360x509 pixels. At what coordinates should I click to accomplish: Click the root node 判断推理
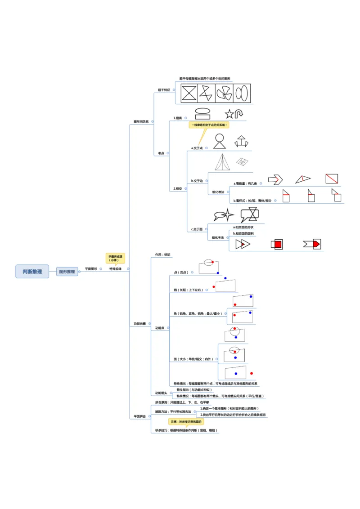tap(32, 271)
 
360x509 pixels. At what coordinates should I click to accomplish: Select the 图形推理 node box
tap(67, 272)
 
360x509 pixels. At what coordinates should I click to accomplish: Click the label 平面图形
tap(91, 269)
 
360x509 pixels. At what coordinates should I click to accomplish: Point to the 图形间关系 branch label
tap(141, 121)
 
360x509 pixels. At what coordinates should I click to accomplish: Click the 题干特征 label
tap(164, 90)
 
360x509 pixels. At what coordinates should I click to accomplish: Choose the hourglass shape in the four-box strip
tap(189, 93)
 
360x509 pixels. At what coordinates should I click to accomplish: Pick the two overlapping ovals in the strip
tap(241, 93)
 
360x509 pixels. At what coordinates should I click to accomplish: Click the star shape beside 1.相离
tap(229, 114)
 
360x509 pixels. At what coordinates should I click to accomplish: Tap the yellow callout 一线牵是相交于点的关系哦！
tap(209, 125)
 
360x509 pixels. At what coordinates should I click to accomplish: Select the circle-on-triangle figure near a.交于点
tap(219, 141)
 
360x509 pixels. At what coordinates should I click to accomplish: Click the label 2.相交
tap(178, 189)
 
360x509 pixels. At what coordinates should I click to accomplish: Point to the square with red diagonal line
tap(332, 179)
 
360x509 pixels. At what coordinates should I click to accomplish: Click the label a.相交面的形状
tap(243, 227)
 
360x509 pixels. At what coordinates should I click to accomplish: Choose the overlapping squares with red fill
tap(277, 244)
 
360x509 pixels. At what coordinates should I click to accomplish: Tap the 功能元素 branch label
tap(139, 324)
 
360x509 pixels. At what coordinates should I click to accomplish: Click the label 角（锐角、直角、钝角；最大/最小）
tap(198, 313)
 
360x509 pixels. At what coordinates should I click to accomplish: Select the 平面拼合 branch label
tap(139, 417)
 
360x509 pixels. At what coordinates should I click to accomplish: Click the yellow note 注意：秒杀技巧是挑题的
tap(186, 422)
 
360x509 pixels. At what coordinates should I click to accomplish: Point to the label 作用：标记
tap(163, 254)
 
